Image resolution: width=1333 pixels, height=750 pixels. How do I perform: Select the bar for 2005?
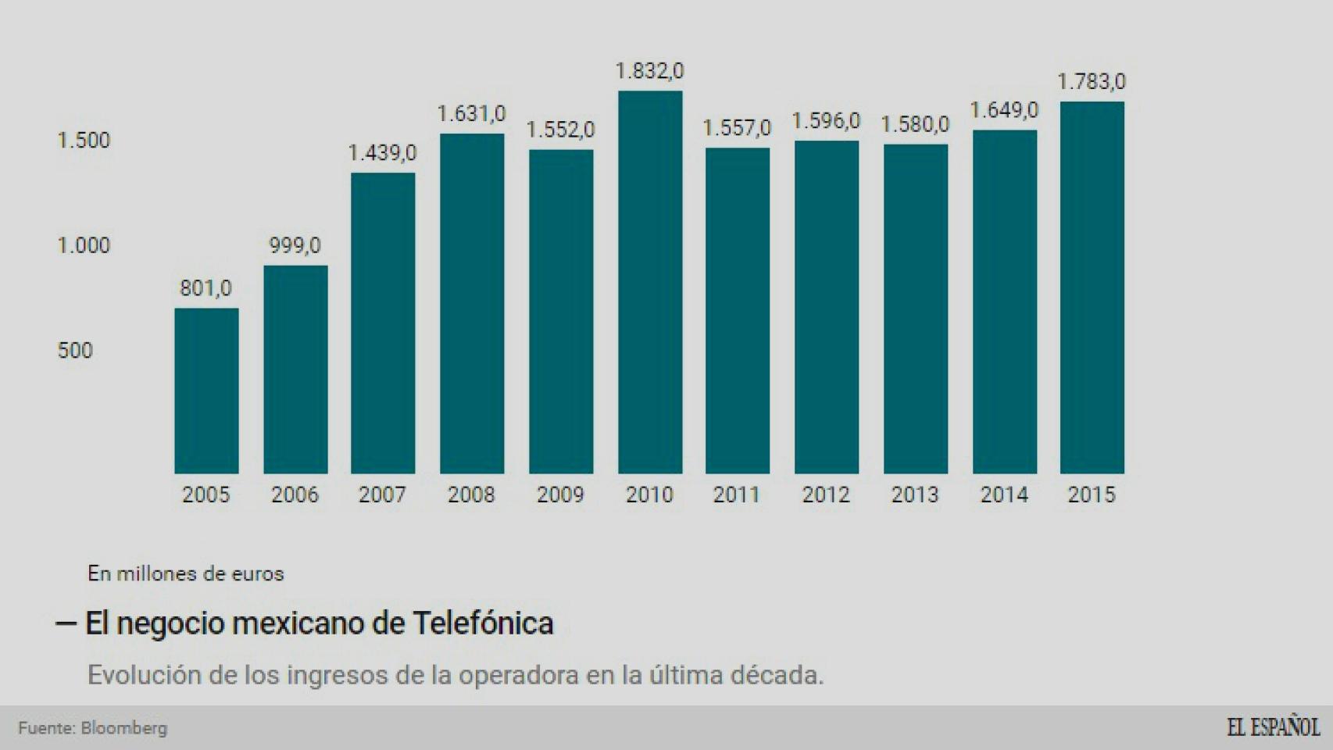[206, 391]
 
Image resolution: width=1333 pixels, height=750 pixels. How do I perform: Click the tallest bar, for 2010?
[650, 282]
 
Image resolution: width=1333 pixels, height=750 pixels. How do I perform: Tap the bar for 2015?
[1092, 287]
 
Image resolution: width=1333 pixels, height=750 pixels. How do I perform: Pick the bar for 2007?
[383, 323]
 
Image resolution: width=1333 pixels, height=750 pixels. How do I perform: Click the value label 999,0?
[295, 245]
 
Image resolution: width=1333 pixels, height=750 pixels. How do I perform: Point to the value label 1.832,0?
[649, 71]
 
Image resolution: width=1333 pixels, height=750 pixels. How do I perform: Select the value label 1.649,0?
[1004, 110]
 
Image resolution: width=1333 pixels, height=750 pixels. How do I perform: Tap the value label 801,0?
[205, 288]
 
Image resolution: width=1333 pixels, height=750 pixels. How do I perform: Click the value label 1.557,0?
[736, 127]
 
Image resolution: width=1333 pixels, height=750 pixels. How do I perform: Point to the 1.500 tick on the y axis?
[84, 141]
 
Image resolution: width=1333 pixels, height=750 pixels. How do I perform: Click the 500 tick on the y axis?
[75, 350]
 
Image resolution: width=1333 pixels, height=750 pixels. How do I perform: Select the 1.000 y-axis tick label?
[84, 245]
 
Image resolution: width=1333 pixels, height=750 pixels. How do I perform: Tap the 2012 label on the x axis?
[826, 495]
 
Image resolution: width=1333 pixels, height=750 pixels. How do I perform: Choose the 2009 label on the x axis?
[560, 495]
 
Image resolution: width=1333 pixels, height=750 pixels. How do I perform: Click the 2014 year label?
[1004, 495]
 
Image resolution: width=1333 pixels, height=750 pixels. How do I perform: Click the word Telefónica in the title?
[483, 623]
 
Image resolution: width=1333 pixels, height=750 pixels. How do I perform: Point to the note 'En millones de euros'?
[185, 573]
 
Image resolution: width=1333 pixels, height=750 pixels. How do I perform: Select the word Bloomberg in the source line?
[124, 728]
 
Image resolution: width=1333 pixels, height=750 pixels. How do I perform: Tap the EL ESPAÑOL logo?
[1273, 727]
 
